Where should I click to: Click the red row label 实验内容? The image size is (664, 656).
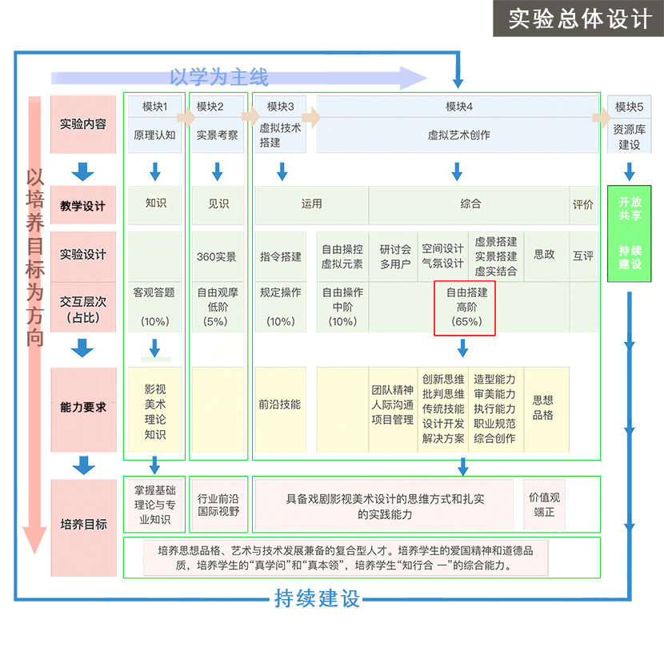[82, 124]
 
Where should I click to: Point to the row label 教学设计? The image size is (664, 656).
[82, 206]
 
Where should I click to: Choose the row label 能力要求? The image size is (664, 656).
[82, 407]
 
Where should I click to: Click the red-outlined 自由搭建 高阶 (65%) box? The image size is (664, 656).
[466, 308]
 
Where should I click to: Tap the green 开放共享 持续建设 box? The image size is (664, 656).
[630, 233]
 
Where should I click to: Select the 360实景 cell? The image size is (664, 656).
[217, 256]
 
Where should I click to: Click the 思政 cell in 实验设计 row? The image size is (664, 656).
[544, 255]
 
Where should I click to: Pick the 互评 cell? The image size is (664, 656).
[583, 256]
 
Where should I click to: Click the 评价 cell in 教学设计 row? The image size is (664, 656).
[583, 204]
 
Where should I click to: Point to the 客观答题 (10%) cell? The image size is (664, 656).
[154, 306]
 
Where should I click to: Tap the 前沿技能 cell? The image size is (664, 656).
[279, 404]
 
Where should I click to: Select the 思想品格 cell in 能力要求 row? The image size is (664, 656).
[543, 408]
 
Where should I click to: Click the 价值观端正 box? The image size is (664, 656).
[544, 504]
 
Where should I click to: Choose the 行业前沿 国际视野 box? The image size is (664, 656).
[218, 504]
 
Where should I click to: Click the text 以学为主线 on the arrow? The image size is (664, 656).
[218, 77]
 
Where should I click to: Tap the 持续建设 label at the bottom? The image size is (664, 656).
[318, 598]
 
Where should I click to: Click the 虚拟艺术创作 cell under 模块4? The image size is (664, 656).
[458, 135]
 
